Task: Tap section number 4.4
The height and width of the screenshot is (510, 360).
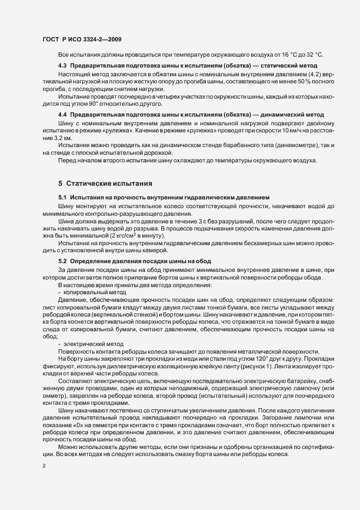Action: pyautogui.click(x=63, y=116)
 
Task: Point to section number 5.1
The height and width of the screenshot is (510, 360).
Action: pyautogui.click(x=63, y=196)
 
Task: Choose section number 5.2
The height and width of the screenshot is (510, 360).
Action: pyautogui.click(x=63, y=262)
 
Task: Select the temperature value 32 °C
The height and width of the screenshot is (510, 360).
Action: pyautogui.click(x=313, y=55)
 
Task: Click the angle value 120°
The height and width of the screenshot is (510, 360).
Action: pyautogui.click(x=249, y=361)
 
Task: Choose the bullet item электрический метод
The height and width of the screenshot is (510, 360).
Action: pyautogui.click(x=90, y=344)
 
